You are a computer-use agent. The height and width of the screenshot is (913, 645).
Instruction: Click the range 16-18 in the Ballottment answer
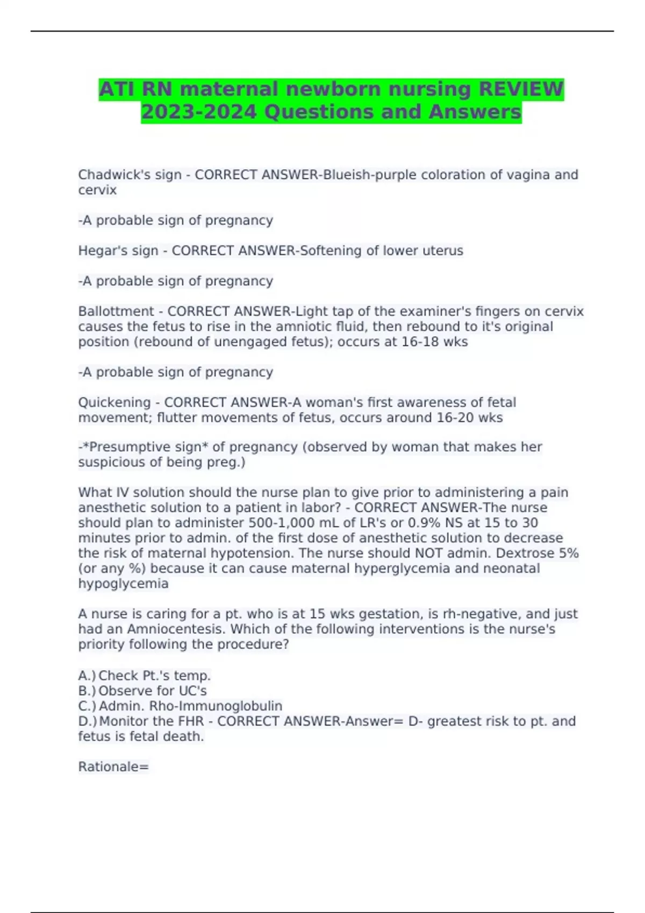point(419,342)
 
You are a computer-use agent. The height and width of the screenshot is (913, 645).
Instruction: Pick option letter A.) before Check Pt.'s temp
point(87,676)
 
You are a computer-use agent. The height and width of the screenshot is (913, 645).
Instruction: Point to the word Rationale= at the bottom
point(113,767)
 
